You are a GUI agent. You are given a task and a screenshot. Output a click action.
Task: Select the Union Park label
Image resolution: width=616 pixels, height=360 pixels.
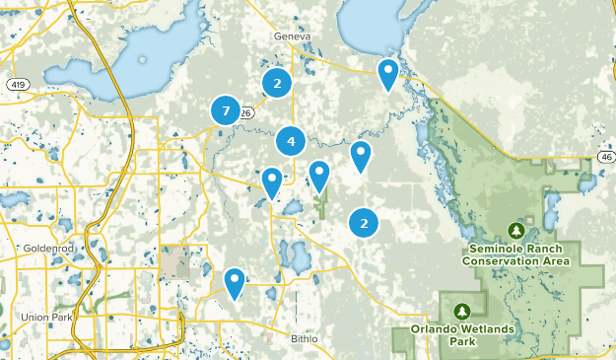44,317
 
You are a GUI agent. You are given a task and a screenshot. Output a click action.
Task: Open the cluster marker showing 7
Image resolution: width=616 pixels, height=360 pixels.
226,111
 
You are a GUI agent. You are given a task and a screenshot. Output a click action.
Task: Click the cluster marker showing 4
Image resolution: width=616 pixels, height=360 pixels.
291,142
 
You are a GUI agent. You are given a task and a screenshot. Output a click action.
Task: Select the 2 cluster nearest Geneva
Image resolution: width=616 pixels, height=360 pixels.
277,84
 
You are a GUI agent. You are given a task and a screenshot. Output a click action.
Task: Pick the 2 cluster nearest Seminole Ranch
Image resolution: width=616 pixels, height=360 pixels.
365,223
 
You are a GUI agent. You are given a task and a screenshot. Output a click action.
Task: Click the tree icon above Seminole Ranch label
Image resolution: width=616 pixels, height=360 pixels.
515,230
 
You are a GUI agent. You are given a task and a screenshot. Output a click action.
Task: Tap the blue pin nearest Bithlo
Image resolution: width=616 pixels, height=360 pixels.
235,282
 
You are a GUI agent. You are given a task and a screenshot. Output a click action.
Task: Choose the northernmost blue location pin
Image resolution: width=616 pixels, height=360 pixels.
389,73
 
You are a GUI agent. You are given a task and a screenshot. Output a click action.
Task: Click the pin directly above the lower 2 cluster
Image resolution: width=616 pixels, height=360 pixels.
362,155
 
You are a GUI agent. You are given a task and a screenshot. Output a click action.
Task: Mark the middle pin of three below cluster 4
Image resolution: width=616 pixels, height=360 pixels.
319,175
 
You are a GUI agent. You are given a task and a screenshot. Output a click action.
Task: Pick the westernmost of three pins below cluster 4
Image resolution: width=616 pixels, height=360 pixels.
272,181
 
